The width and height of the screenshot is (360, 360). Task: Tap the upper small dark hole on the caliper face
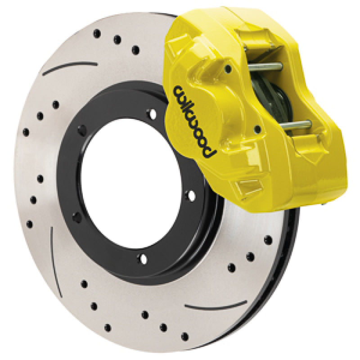point(228,68)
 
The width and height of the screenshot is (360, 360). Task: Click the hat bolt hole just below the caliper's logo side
point(191,195)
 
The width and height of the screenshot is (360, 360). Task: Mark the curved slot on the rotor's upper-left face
point(70,67)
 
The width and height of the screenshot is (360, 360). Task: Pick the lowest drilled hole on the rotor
point(184,336)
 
